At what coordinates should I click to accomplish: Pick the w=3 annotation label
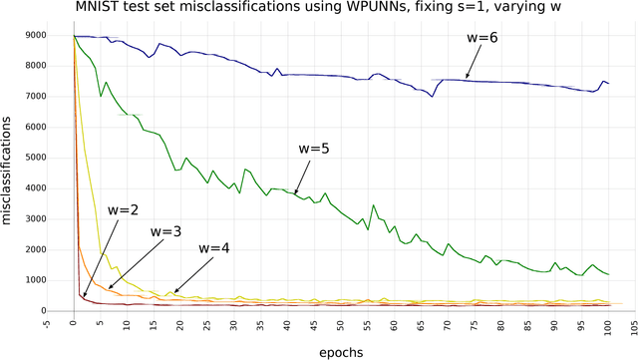(x=166, y=230)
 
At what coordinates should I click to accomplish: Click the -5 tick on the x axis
(x=47, y=323)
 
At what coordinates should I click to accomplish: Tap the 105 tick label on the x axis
(x=633, y=323)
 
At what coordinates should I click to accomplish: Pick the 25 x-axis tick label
(x=206, y=323)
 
